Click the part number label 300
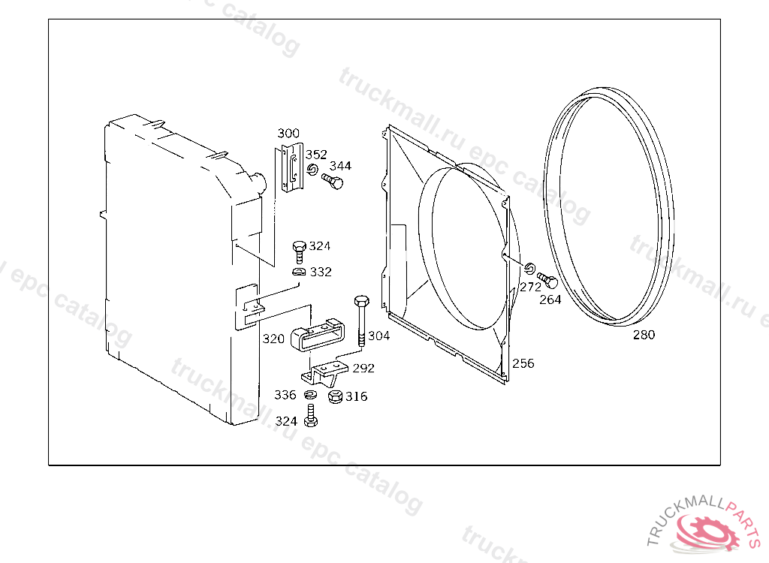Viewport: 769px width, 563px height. [288, 133]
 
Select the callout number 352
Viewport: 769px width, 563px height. [316, 155]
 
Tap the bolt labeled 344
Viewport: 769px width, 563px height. [333, 182]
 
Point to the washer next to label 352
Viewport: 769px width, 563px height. [312, 170]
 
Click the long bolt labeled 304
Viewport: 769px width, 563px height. [361, 321]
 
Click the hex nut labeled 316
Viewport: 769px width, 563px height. [336, 396]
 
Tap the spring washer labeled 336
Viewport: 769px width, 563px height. [309, 394]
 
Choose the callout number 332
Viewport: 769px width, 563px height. [321, 272]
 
